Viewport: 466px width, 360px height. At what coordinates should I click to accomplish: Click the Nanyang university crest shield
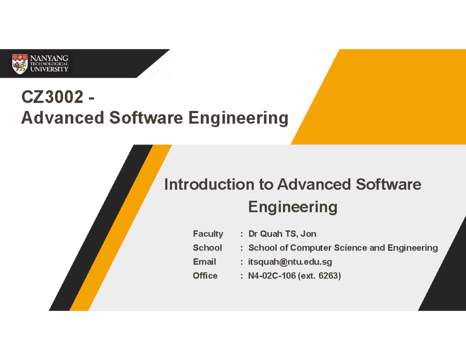(x=19, y=63)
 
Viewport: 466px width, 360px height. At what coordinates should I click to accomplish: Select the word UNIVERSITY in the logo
(x=49, y=69)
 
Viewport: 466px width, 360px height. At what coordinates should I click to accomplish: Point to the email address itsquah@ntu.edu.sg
(x=290, y=262)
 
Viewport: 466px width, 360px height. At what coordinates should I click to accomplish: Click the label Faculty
(x=208, y=234)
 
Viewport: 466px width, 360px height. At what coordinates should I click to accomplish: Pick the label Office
(x=205, y=276)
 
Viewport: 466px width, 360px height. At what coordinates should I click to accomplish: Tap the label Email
(x=204, y=262)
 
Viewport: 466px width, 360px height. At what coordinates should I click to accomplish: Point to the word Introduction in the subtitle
(x=209, y=184)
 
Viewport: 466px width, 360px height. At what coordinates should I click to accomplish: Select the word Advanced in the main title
(x=61, y=117)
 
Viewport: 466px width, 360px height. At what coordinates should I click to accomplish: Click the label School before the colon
(x=207, y=248)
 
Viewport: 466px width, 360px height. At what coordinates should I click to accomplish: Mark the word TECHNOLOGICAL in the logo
(x=49, y=64)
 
